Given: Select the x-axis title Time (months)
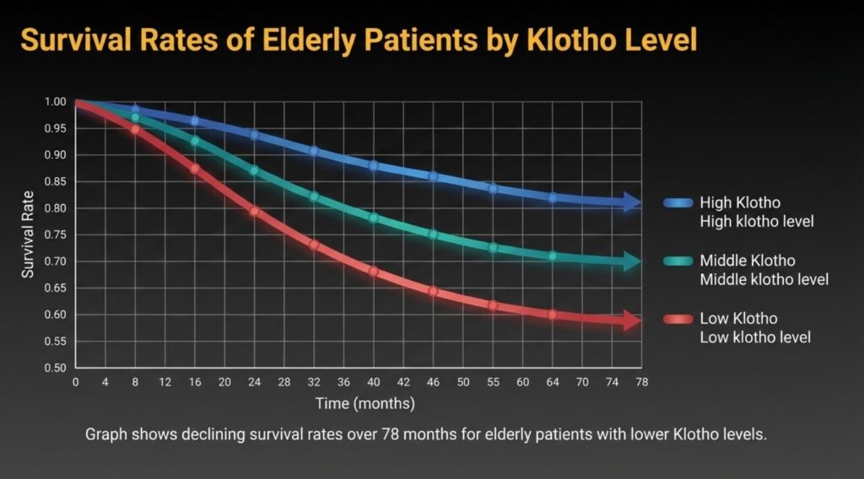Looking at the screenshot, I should coord(364,403).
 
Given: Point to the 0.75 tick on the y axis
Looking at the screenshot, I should coord(54,234).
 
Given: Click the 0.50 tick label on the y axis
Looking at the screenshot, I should coord(54,369).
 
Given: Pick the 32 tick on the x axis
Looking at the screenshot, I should coord(314,382).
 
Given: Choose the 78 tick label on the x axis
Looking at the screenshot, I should coord(641,382).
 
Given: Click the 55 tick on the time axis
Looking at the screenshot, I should coord(493,382).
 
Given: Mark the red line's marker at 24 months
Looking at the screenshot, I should coord(254,211).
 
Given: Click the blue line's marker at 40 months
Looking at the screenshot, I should coord(374,165).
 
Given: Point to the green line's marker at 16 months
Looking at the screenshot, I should coord(195,141).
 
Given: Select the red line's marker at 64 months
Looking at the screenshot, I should coord(553,315).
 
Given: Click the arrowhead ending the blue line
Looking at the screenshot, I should coord(632,202).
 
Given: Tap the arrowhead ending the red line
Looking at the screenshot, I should coord(632,320).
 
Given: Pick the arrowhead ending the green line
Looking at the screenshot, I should coord(632,262).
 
